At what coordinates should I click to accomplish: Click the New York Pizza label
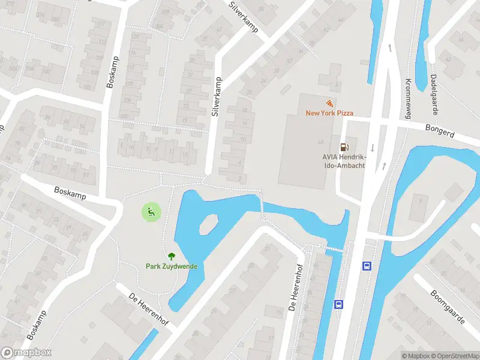pyautogui.click(x=329, y=113)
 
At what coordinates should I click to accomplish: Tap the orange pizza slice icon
pyautogui.click(x=329, y=103)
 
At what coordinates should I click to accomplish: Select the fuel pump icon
pyautogui.click(x=344, y=146)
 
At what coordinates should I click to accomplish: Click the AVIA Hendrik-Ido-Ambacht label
pyautogui.click(x=344, y=161)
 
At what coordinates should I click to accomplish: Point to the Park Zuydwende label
pyautogui.click(x=172, y=266)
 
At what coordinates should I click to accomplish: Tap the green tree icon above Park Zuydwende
pyautogui.click(x=172, y=256)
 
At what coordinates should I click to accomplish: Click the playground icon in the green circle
pyautogui.click(x=151, y=211)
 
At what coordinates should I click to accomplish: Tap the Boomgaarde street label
pyautogui.click(x=448, y=307)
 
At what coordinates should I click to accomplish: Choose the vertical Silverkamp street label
pyautogui.click(x=217, y=96)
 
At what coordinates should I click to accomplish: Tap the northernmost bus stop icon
pyautogui.click(x=366, y=266)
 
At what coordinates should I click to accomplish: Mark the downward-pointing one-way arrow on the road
pyautogui.click(x=372, y=148)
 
